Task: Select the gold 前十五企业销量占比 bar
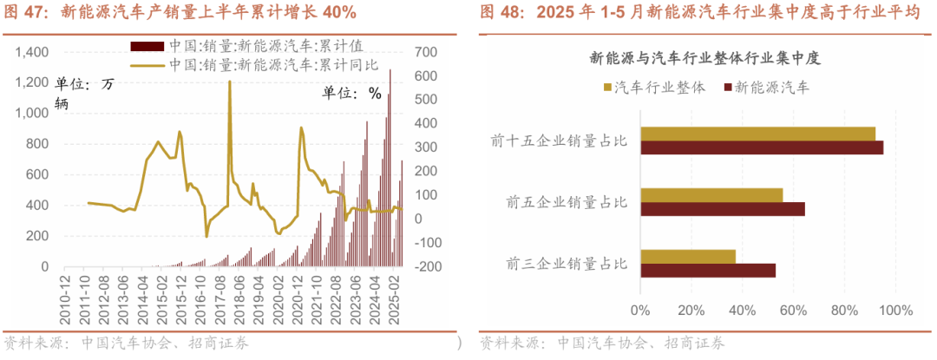coord(757,134)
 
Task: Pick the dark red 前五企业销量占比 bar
coord(722,208)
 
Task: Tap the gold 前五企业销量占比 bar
coord(711,195)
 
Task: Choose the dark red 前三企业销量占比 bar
coord(707,270)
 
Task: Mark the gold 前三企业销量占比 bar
coord(687,257)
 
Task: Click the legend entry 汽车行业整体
coord(659,88)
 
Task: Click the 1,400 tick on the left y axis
coord(32,52)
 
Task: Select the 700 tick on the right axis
coord(424,52)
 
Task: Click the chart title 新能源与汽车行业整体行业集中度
coord(704,59)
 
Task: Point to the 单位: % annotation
coord(352,94)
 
